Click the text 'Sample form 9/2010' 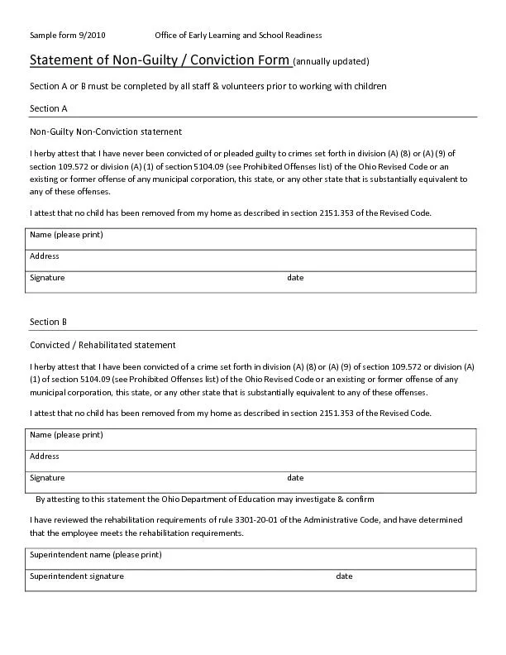pos(68,35)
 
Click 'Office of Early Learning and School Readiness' pos(238,35)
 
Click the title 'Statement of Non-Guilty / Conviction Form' pos(160,60)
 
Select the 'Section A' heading pos(48,108)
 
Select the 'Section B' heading pos(48,322)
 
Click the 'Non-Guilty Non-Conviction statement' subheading pos(106,131)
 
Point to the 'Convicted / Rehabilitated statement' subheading pos(103,345)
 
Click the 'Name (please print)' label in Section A pos(66,235)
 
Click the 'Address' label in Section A pos(45,256)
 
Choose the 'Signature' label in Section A pos(47,278)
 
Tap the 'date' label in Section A pos(295,278)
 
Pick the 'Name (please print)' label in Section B pos(66,435)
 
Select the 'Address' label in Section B pos(45,457)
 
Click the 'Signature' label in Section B pos(47,478)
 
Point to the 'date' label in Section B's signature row pos(295,478)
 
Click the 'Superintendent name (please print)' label pos(96,554)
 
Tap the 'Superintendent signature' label pos(77,576)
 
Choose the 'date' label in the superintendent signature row pos(344,576)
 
